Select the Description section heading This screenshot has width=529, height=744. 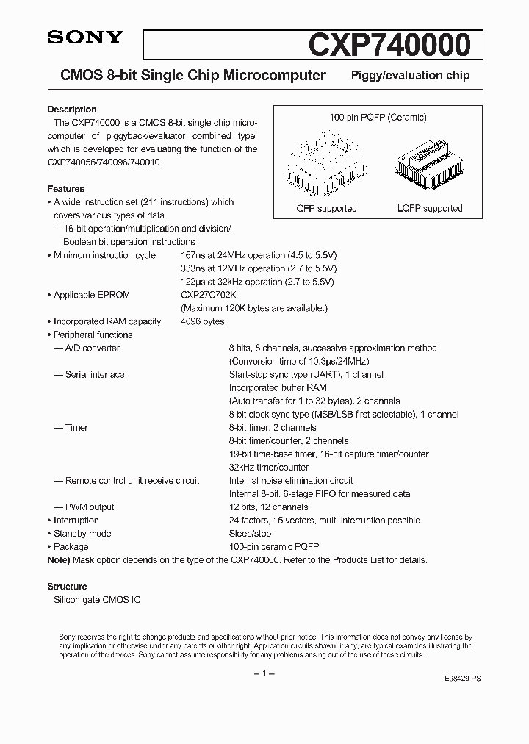[72, 110]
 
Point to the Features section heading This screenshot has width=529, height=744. [65, 189]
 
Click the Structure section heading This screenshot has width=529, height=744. [67, 587]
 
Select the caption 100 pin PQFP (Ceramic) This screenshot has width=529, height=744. [377, 118]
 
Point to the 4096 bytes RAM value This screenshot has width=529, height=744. [202, 321]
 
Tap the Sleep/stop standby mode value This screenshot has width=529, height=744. [250, 533]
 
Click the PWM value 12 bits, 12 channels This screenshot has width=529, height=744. [268, 507]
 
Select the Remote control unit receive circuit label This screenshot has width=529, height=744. [132, 480]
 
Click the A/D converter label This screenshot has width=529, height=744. [92, 348]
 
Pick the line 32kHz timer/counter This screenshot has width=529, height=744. [269, 467]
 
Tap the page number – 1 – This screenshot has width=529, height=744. [264, 673]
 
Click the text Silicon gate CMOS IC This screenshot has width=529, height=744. [97, 600]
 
